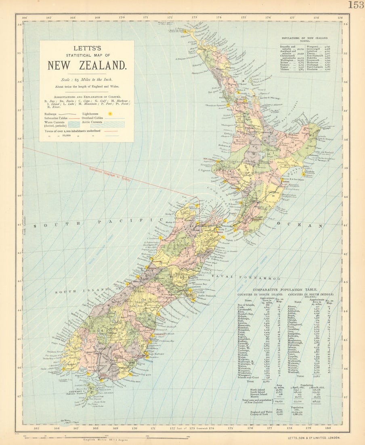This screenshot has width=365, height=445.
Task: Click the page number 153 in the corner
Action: (356, 5)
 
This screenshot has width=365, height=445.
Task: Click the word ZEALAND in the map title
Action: (105, 65)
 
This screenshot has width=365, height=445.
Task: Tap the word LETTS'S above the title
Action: (87, 48)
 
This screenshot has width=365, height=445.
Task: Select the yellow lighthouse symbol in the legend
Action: (110, 114)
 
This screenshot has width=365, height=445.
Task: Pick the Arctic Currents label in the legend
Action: (92, 122)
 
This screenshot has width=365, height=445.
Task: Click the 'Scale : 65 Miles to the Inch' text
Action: (87, 80)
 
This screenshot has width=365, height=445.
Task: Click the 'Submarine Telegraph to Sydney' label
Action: (110, 174)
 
